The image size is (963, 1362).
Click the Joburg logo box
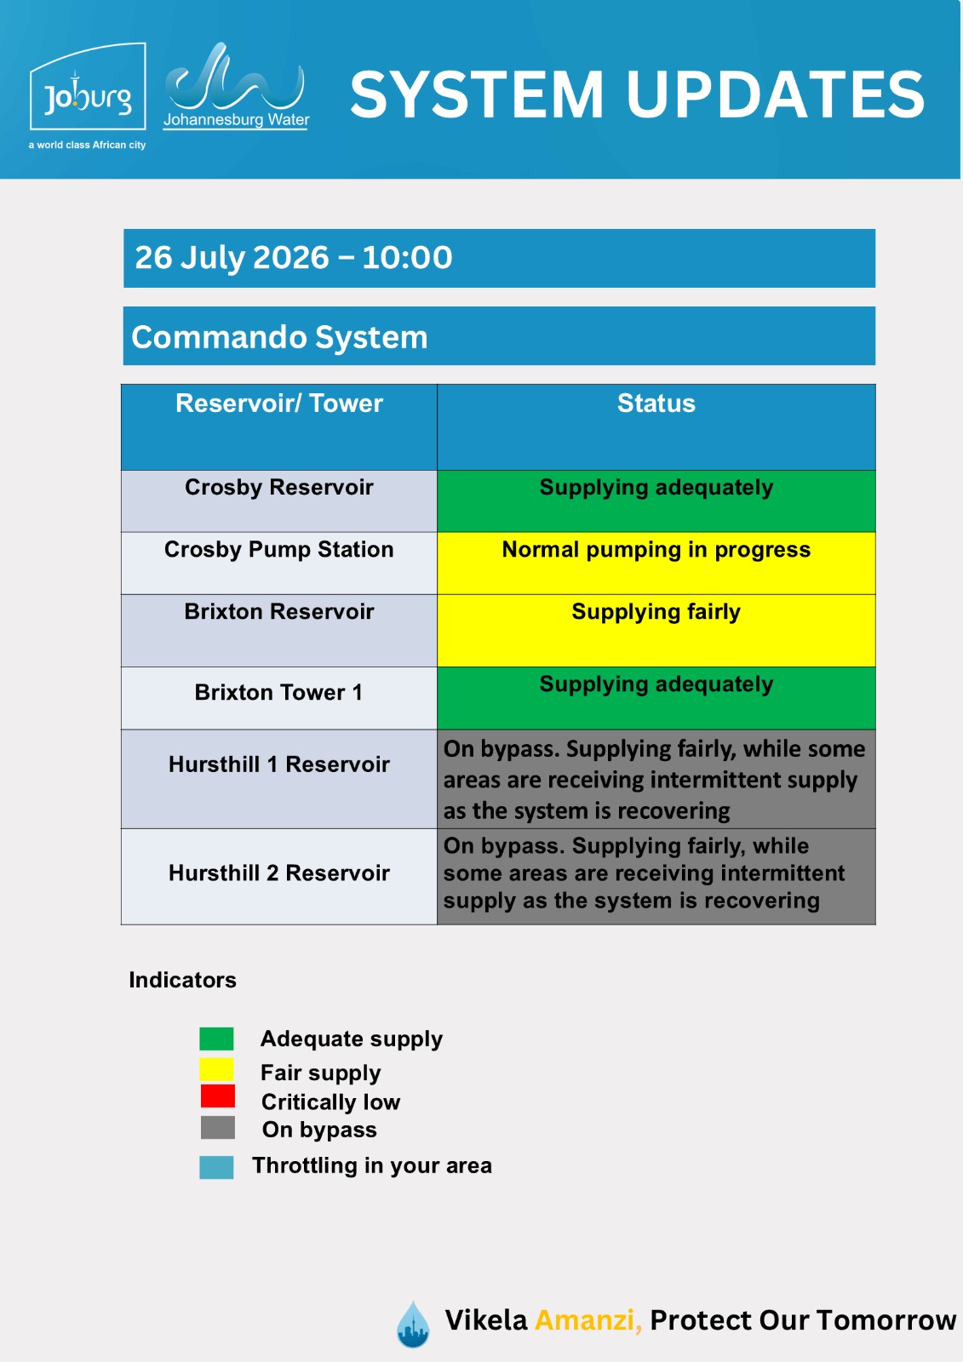(x=88, y=86)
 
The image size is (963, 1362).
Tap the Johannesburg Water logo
(x=236, y=86)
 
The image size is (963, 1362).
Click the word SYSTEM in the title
(x=477, y=94)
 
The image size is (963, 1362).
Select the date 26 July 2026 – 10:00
(x=293, y=257)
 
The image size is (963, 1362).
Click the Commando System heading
(x=279, y=337)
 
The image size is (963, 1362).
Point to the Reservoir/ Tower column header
(x=279, y=403)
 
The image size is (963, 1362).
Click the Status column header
(x=656, y=403)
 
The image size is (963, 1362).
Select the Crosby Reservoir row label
(x=278, y=487)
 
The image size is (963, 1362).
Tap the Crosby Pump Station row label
(x=278, y=550)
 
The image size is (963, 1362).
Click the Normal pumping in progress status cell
(x=656, y=563)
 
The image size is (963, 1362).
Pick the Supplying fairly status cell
(x=656, y=631)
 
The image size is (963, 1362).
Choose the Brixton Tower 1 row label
(x=278, y=692)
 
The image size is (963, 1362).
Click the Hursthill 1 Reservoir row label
(x=278, y=764)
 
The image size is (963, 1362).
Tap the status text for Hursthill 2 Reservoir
(x=644, y=873)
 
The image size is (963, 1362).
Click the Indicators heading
(x=182, y=980)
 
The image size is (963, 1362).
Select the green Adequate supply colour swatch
(x=216, y=1039)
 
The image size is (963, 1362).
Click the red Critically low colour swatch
(x=218, y=1096)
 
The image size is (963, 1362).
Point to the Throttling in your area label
(x=372, y=1165)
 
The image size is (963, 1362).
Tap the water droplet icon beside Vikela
(x=413, y=1324)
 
